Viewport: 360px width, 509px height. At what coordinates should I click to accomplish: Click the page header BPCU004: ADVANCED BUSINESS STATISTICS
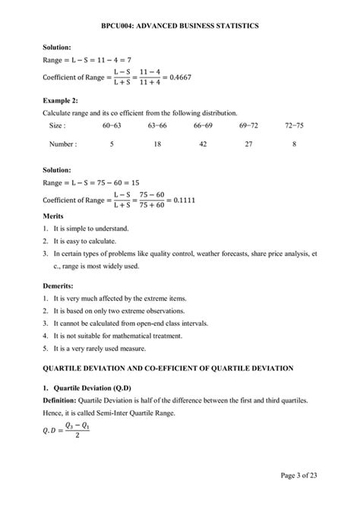(180, 26)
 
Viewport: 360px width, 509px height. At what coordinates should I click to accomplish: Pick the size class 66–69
(203, 125)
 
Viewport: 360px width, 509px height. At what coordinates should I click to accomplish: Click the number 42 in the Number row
(203, 143)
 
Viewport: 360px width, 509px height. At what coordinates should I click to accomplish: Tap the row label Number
(62, 143)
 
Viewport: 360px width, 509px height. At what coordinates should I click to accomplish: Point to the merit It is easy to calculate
(91, 241)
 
